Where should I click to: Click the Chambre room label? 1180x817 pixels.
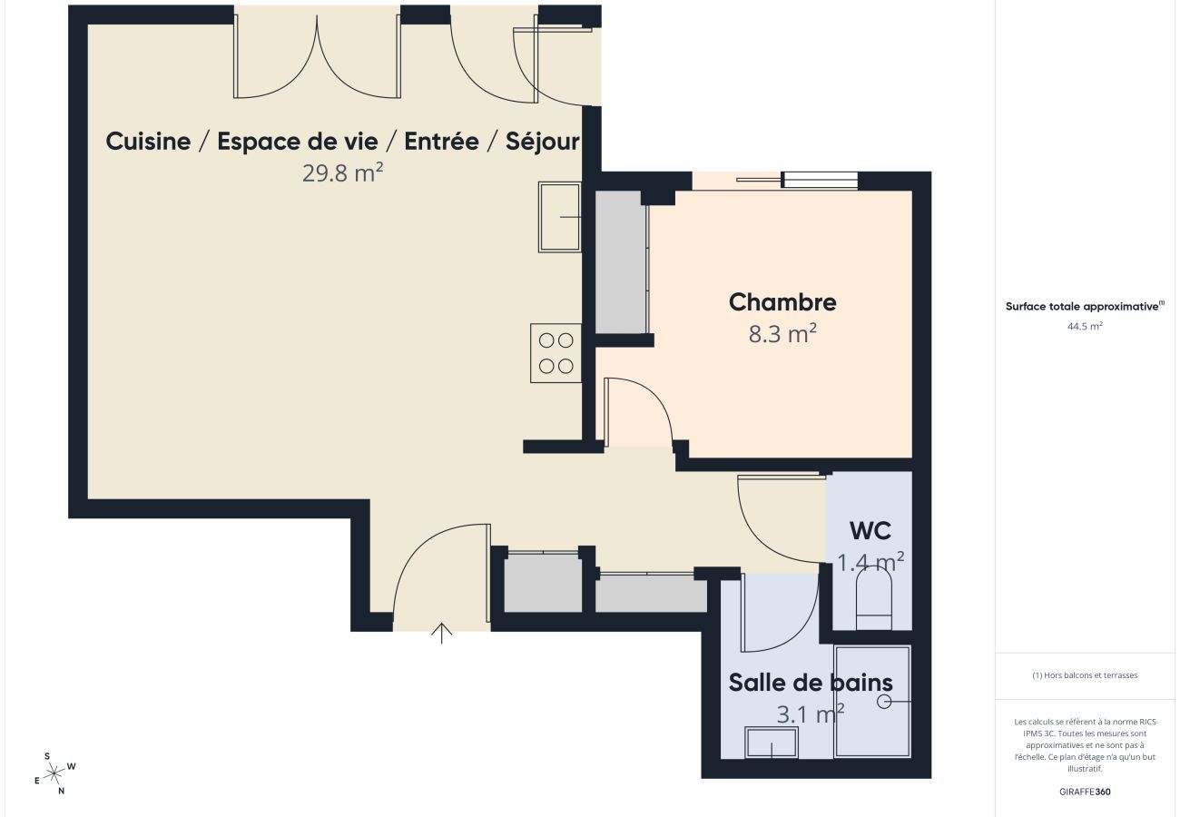click(782, 302)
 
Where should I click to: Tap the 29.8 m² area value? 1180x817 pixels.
click(342, 172)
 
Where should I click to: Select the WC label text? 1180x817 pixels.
click(870, 531)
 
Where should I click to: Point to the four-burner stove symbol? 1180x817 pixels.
click(556, 353)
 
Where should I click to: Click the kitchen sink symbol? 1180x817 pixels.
click(559, 217)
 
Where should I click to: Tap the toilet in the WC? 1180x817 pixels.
click(874, 600)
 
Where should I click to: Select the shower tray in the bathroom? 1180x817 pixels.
click(871, 701)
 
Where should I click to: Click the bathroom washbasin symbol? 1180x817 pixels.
click(772, 743)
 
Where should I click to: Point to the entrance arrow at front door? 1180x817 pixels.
click(442, 633)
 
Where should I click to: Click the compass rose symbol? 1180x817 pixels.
click(54, 773)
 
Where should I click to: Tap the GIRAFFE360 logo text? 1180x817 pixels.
click(1085, 792)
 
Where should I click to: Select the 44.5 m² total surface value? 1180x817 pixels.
click(1085, 326)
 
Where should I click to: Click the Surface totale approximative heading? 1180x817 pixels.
click(1083, 307)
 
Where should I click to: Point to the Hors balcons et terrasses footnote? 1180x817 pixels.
click(1085, 675)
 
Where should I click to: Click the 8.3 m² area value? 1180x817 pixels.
click(782, 334)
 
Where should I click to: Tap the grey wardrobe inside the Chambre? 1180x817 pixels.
click(620, 262)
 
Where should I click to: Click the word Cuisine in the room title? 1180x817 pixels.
click(148, 142)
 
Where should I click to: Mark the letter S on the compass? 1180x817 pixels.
click(47, 756)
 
